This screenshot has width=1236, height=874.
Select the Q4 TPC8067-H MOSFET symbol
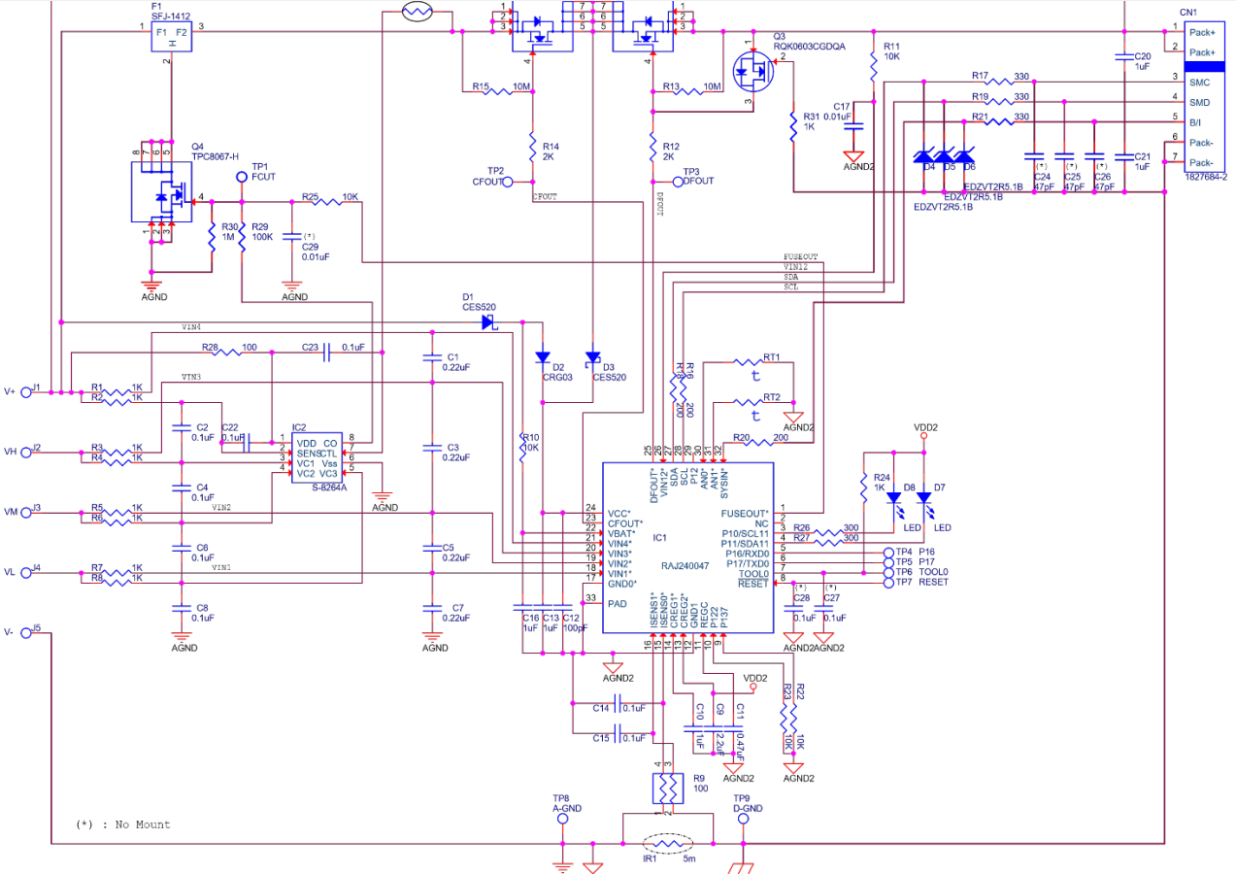click(x=162, y=192)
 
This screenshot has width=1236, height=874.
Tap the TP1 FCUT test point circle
click(x=243, y=178)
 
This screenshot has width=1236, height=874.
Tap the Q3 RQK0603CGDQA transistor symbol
click(x=750, y=69)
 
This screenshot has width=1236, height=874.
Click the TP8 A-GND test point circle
click(x=561, y=819)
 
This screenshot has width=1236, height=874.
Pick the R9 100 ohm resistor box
click(x=666, y=788)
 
